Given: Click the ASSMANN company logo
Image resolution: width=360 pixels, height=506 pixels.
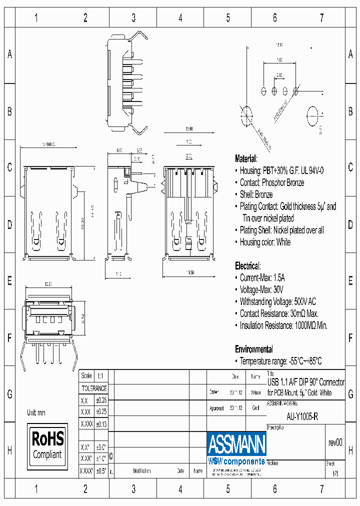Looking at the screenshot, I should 236,443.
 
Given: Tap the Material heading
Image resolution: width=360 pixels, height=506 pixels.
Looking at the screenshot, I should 246,158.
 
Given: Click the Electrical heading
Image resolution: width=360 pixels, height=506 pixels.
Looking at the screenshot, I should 247,266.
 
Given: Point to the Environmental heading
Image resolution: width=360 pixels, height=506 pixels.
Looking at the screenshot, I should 254,349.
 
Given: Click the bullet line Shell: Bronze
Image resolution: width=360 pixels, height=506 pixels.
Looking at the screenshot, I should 256,194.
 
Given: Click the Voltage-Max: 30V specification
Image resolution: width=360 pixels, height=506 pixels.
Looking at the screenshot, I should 261,289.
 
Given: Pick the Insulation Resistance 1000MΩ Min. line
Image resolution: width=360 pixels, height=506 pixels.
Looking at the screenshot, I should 283,325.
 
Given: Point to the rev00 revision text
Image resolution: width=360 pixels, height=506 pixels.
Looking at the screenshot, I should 335,442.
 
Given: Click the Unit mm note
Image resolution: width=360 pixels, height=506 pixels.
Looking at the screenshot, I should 36,412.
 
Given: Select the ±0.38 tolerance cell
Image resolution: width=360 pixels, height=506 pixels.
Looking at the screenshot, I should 100,400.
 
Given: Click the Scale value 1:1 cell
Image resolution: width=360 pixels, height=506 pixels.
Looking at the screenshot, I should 100,376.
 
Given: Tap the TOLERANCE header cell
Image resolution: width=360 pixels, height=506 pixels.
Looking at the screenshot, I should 94,388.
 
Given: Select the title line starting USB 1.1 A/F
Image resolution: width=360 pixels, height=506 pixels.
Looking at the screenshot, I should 306,382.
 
